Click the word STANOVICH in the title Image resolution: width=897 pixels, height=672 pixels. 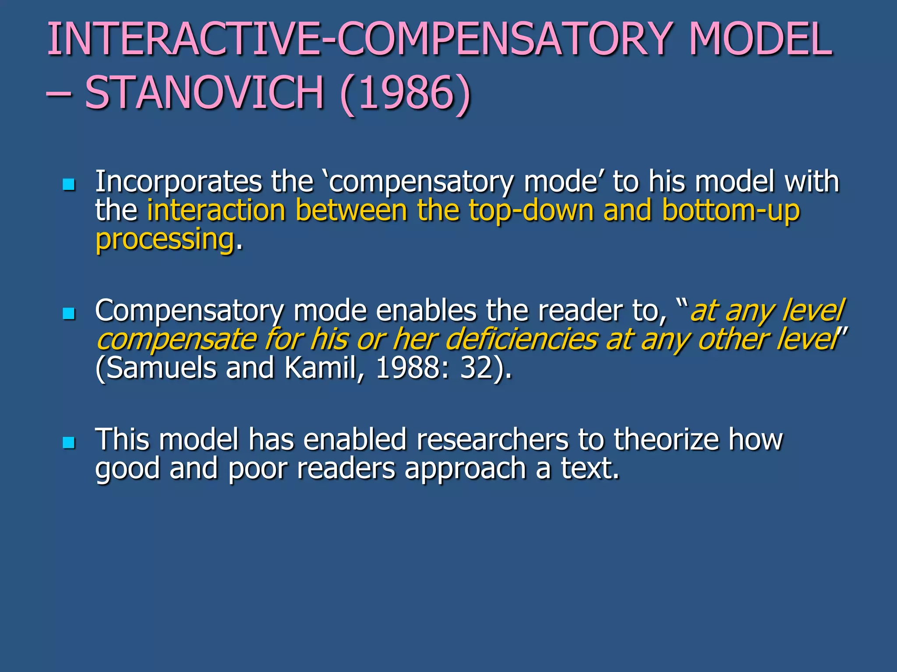tap(204, 92)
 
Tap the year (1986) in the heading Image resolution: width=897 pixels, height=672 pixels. tap(405, 93)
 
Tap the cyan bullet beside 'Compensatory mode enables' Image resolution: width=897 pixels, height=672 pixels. tap(69, 313)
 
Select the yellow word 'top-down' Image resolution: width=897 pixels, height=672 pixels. tap(531, 210)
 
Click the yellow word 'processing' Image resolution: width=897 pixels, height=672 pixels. tap(165, 240)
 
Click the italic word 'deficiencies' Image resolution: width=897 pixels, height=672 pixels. tap(521, 339)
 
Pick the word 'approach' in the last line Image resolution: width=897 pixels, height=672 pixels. tap(465, 469)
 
